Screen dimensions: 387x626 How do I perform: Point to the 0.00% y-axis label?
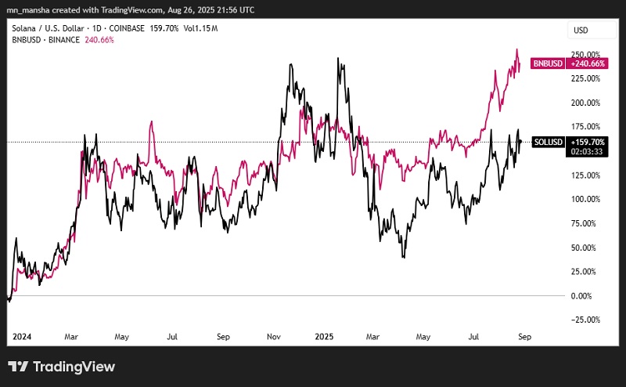(x=582, y=295)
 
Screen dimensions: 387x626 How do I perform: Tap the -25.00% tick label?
(x=585, y=320)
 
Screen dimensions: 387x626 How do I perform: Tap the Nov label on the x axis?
(x=274, y=337)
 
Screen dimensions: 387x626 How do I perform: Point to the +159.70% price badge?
(x=586, y=142)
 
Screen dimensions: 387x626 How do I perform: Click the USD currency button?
(x=581, y=31)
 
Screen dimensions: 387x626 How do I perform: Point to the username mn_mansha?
(x=29, y=10)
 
